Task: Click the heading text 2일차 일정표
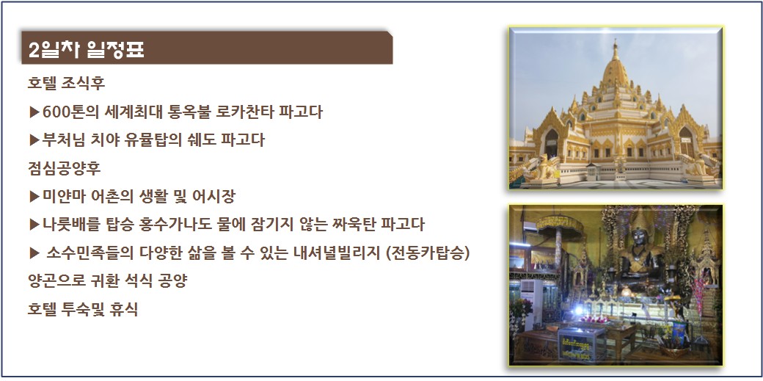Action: coord(86,50)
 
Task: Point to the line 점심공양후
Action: coord(65,168)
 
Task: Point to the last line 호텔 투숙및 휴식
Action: coord(83,309)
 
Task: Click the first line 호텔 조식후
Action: coord(66,83)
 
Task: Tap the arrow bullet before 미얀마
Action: coord(34,197)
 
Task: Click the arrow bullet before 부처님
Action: coord(34,140)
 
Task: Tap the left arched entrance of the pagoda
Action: coord(551,142)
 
